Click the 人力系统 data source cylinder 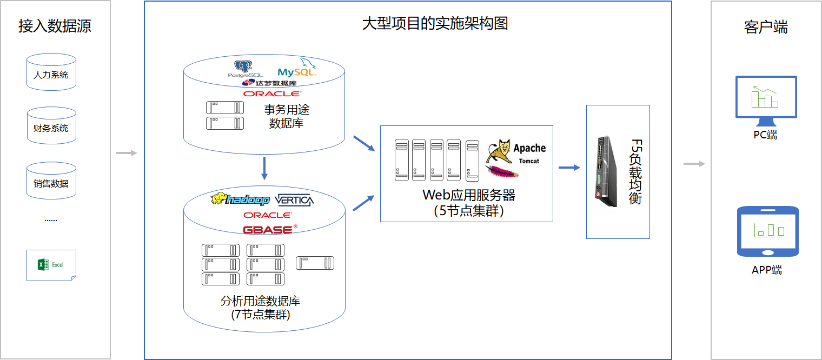(51, 72)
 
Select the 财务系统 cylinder (51, 126)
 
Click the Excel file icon (51, 265)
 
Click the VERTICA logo (294, 200)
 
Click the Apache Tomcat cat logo (499, 152)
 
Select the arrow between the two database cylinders (264, 169)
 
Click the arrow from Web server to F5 (569, 168)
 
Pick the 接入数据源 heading (55, 26)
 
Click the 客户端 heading (766, 27)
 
